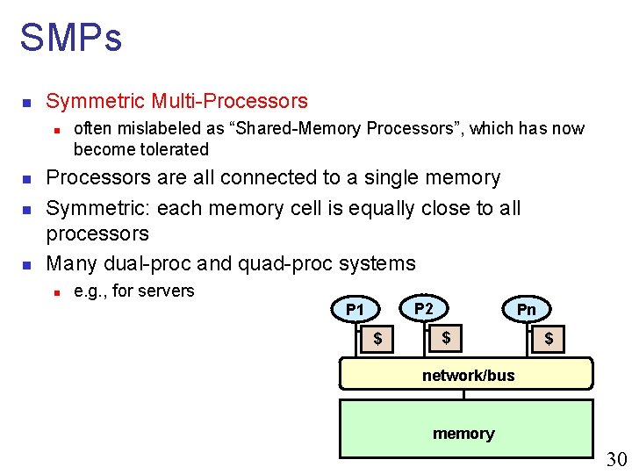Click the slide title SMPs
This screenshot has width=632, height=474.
[x=70, y=39]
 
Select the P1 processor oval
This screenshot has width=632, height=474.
[x=355, y=309]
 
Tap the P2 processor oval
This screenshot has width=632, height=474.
[x=424, y=308]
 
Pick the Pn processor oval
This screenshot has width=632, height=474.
[x=526, y=309]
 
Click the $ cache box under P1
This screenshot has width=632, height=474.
[x=377, y=338]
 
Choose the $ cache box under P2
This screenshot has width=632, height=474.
[x=446, y=337]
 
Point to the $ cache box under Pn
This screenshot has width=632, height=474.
[x=549, y=338]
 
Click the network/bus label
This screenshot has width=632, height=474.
[x=468, y=376]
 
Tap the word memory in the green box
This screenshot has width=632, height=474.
[x=463, y=434]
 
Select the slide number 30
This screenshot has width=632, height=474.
[x=617, y=459]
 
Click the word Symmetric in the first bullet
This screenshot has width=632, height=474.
[x=96, y=101]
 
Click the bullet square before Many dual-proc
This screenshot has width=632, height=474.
[x=26, y=264]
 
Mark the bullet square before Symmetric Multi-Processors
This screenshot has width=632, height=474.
[x=26, y=103]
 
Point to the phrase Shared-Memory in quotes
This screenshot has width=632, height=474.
[x=297, y=128]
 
